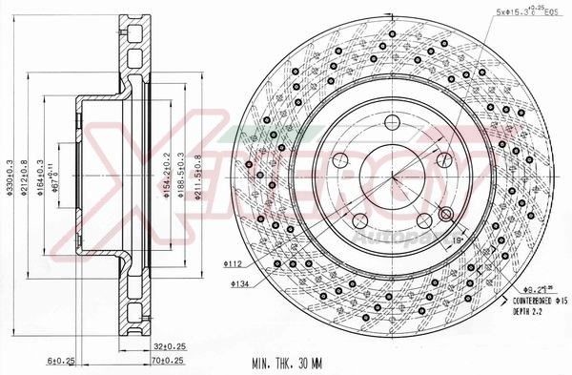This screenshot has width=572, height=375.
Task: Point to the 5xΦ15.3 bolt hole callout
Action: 523,10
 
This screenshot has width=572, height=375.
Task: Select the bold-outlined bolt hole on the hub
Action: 446,213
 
